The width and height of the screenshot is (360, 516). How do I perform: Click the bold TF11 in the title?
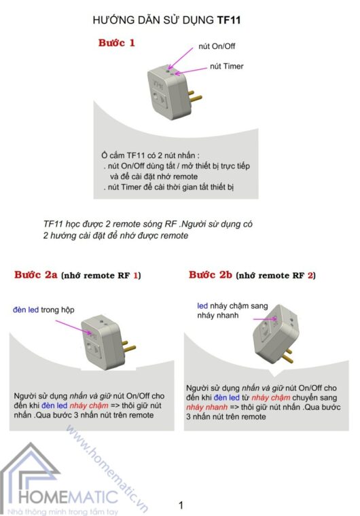tap(229, 20)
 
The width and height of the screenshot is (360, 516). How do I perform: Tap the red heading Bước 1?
tap(117, 43)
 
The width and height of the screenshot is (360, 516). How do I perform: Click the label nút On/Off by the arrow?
tap(217, 46)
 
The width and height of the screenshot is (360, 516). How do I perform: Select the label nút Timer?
tap(227, 66)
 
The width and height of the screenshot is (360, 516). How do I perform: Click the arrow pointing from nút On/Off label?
tap(181, 58)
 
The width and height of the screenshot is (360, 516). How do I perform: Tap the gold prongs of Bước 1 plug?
tap(195, 96)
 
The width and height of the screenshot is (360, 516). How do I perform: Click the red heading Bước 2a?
tap(36, 275)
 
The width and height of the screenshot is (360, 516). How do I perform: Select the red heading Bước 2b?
tap(211, 275)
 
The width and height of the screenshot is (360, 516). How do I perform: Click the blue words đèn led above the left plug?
tap(26, 310)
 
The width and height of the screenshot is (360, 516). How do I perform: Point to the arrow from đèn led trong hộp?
tap(74, 327)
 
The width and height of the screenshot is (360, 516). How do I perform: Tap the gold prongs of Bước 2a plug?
tap(129, 346)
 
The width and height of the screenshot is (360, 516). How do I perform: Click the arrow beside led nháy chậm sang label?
tap(265, 319)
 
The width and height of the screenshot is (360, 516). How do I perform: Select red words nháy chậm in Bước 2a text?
tap(89, 405)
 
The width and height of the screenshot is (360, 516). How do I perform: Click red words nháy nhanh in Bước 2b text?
tap(207, 407)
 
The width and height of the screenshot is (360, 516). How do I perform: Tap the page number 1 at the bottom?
tap(181, 505)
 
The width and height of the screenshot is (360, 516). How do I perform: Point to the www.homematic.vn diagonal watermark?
tap(107, 469)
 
